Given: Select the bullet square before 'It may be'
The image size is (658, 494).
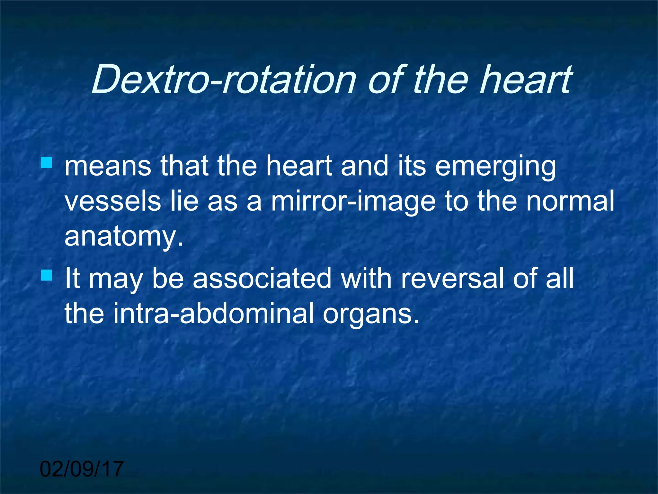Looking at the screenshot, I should [47, 275].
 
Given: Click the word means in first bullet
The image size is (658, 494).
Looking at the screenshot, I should [108, 167].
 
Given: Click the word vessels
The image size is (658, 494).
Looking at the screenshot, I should [112, 201].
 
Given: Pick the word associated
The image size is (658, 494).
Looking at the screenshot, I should [262, 279].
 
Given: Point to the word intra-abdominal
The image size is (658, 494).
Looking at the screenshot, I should [213, 313].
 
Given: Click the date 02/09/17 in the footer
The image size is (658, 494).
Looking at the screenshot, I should [82, 469].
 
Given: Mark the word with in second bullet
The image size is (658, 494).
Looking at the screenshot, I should [366, 279].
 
